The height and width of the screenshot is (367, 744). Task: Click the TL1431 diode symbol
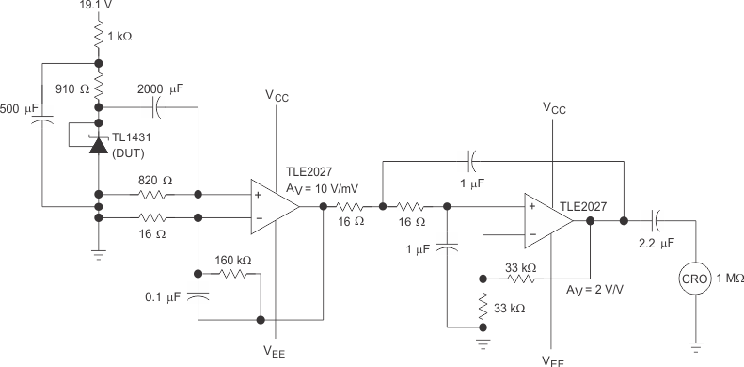coord(99,144)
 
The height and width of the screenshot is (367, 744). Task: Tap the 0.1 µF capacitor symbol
coord(198,296)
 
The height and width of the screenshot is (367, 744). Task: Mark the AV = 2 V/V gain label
coord(594,290)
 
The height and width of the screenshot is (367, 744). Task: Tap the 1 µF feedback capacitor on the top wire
coord(473,160)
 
